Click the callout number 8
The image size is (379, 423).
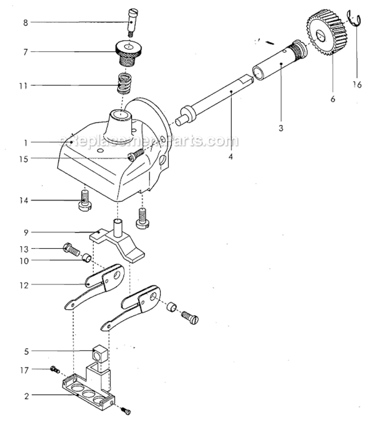(x=25, y=23)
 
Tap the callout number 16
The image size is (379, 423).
(x=357, y=85)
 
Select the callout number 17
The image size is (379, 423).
(x=24, y=371)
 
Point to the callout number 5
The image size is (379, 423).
(x=26, y=351)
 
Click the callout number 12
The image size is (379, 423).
(x=24, y=285)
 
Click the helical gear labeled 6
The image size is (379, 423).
(x=327, y=34)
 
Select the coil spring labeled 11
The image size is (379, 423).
(x=124, y=83)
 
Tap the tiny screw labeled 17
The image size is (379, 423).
(x=55, y=369)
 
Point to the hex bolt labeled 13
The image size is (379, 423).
(x=71, y=249)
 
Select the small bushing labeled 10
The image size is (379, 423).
(x=87, y=257)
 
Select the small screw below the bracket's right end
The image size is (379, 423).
(x=126, y=411)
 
